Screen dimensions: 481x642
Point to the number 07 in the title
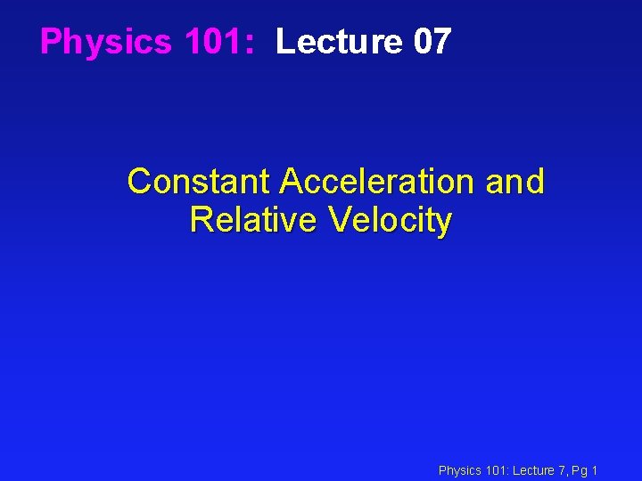pyautogui.click(x=432, y=42)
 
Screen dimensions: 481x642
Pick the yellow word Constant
pyautogui.click(x=198, y=182)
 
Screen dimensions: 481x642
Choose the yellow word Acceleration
pyautogui.click(x=377, y=182)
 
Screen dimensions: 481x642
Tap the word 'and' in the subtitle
pyautogui.click(x=514, y=182)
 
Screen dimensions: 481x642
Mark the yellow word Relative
pyautogui.click(x=253, y=219)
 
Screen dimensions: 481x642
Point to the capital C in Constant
pyautogui.click(x=139, y=182)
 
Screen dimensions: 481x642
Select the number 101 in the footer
pyautogui.click(x=496, y=470)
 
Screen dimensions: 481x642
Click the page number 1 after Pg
pyautogui.click(x=595, y=470)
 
